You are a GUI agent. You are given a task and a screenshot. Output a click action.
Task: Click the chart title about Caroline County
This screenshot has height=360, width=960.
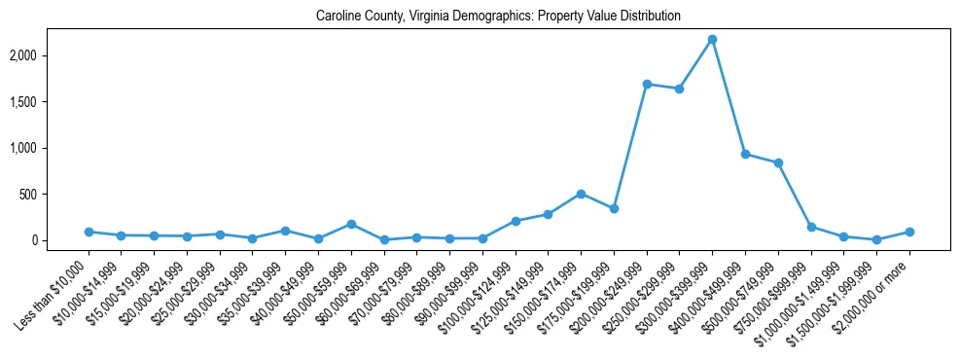point(498,17)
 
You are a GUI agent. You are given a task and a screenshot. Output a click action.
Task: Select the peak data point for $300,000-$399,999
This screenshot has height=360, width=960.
point(712,39)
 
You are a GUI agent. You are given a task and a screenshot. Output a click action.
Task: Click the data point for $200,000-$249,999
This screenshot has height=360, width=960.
point(647,84)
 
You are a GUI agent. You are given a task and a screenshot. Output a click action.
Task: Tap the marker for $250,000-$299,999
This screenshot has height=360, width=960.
point(679,89)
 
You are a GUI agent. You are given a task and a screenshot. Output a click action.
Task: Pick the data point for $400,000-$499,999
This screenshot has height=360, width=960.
point(745,154)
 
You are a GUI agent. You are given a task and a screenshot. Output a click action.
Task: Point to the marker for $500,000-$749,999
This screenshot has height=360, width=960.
point(778,162)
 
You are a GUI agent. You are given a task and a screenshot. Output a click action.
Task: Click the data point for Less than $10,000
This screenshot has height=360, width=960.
point(89,232)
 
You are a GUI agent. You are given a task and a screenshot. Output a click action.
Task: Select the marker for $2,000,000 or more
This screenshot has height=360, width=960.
point(909,232)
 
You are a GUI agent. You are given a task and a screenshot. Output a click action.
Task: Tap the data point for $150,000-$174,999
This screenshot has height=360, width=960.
point(581,194)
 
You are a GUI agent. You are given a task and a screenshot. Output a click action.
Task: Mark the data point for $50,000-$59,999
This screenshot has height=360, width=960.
point(351,224)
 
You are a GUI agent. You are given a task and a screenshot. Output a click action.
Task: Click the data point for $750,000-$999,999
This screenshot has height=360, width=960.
point(811,227)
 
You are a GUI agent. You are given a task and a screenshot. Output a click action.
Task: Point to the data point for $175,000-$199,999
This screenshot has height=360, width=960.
point(614,208)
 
